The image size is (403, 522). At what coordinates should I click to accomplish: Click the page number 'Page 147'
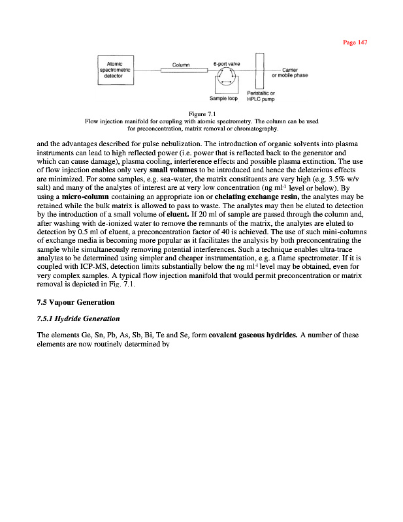point(356,42)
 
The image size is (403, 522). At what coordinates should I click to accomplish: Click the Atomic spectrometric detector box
point(116,69)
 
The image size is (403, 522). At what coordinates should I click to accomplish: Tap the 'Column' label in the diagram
point(180,64)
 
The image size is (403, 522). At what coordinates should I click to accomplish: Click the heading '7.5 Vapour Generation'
point(76,302)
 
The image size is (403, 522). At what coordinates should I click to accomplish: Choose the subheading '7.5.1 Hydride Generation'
point(78,318)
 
